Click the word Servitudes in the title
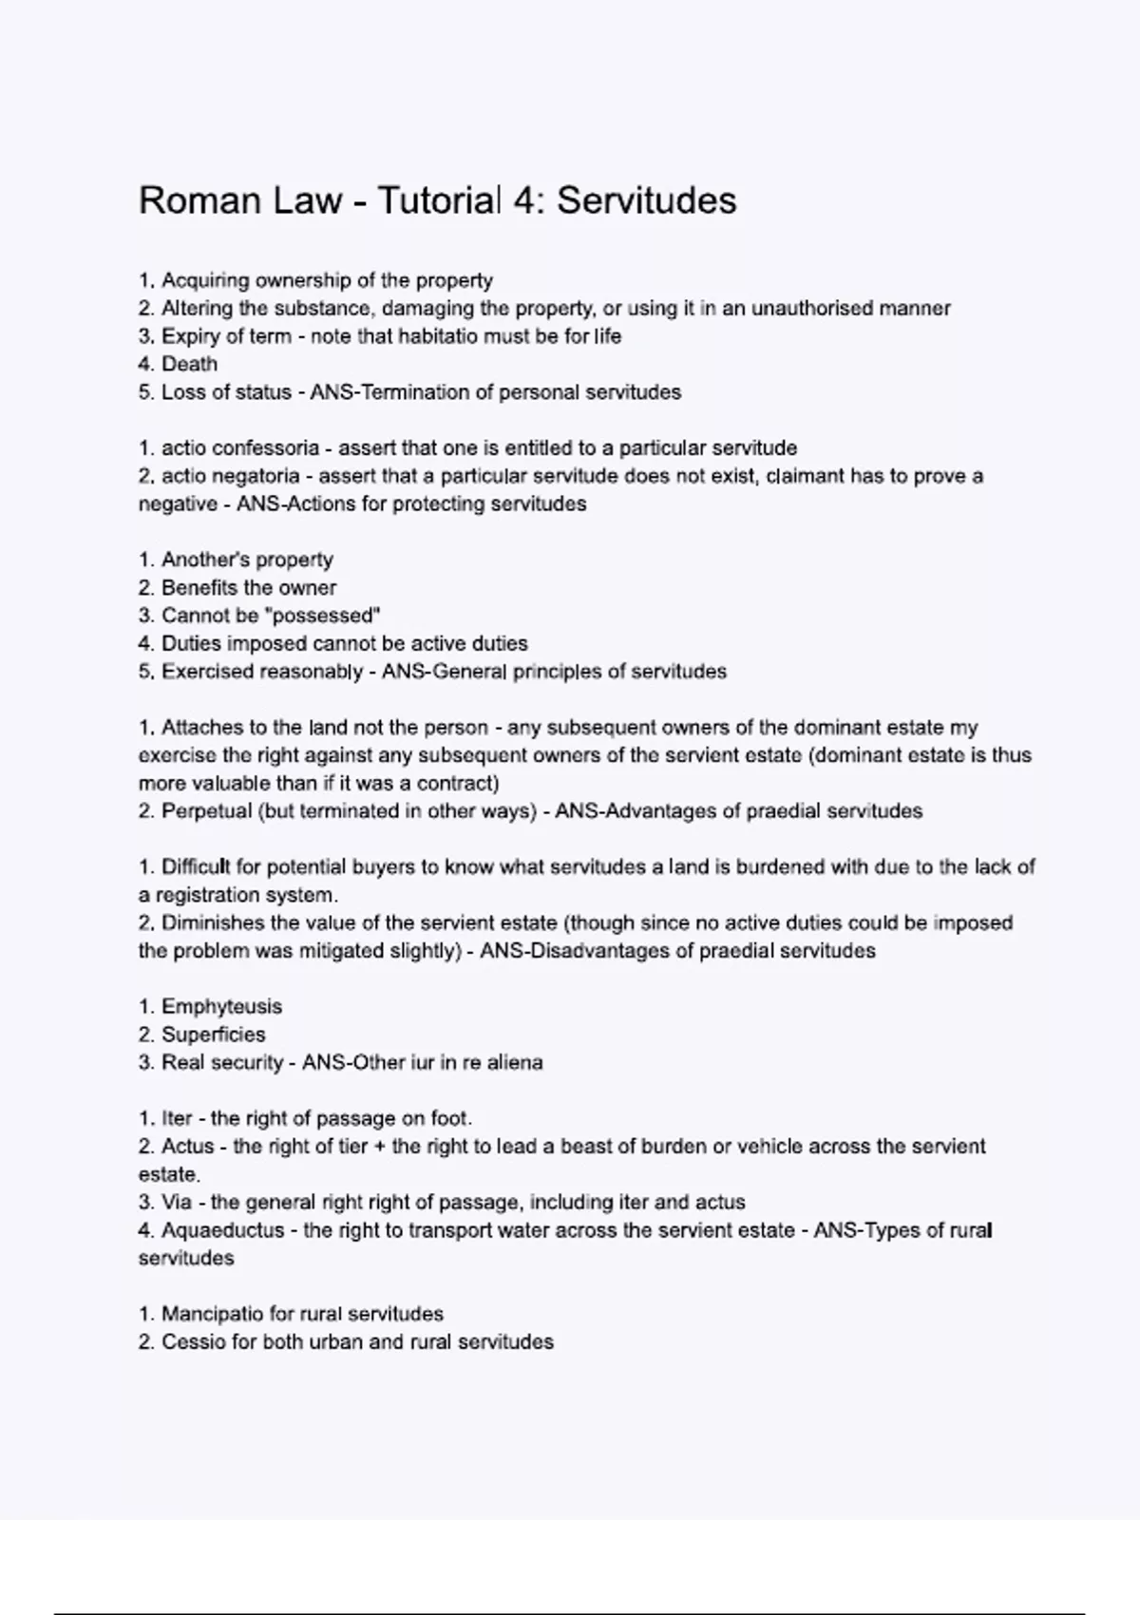(x=646, y=200)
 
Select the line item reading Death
(x=189, y=364)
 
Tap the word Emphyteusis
(x=221, y=1007)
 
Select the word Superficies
(x=213, y=1035)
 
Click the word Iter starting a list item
(x=177, y=1118)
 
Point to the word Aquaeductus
(x=222, y=1230)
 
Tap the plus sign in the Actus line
(x=380, y=1147)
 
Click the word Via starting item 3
(x=177, y=1203)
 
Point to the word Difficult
(x=197, y=867)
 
